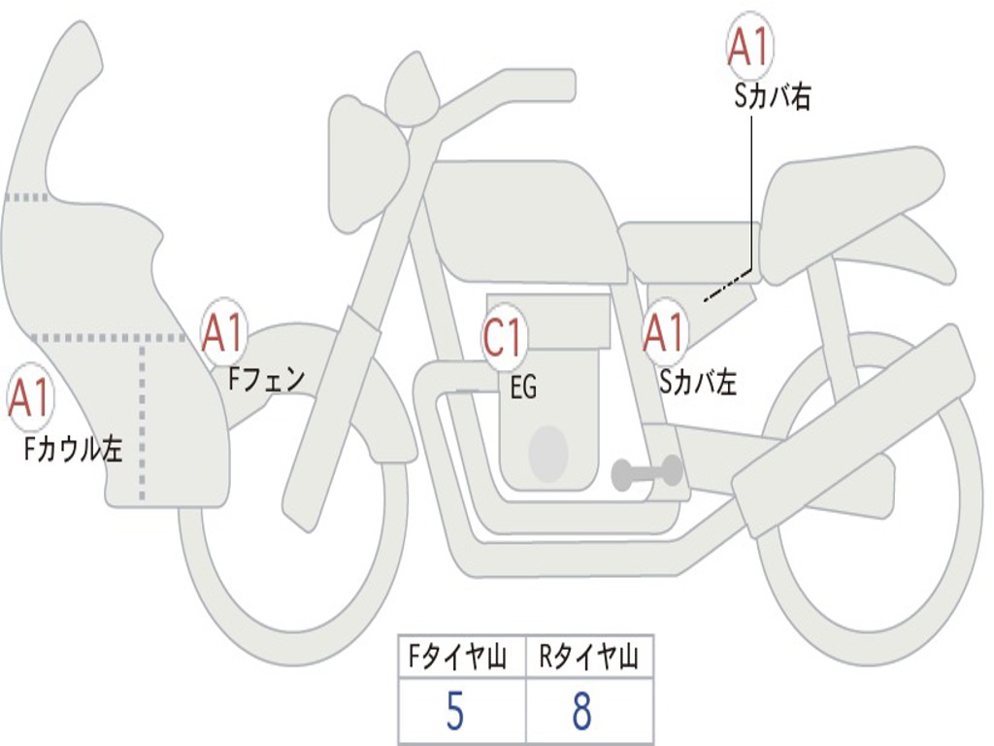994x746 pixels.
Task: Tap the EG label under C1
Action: [523, 389]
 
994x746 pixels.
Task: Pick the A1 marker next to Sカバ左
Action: [665, 334]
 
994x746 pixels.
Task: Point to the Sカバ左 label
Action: [698, 383]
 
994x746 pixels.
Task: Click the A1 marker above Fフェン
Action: [223, 332]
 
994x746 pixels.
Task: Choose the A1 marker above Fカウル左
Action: [29, 398]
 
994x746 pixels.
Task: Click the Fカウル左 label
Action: [74, 449]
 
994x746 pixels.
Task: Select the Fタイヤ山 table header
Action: [460, 660]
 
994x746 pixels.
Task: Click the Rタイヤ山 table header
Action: [589, 660]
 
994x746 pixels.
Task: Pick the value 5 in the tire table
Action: [454, 712]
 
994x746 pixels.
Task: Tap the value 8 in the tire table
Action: [582, 712]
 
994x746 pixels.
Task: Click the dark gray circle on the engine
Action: [547, 453]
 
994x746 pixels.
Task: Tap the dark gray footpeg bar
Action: [646, 474]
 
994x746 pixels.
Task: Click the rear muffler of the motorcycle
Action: [854, 418]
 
